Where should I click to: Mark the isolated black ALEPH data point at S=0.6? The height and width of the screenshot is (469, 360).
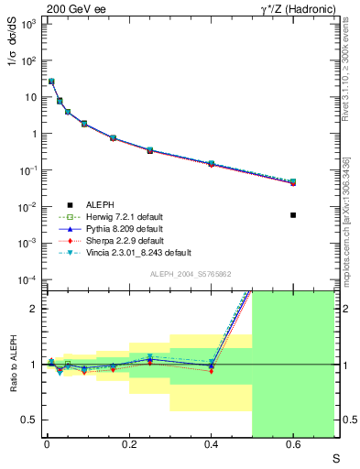[x=293, y=215]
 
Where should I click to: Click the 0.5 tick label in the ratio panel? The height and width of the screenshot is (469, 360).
[x=27, y=420]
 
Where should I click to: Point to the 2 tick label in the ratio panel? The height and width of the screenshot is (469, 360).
[x=33, y=309]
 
